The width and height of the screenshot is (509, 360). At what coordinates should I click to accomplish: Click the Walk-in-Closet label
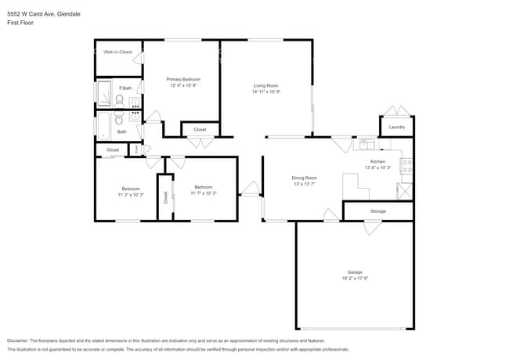pos(118,52)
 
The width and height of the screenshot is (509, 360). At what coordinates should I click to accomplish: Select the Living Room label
pos(265,85)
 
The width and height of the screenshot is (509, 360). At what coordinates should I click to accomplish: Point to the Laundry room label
pos(396,127)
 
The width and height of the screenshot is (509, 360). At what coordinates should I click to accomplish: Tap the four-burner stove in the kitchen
pos(406,165)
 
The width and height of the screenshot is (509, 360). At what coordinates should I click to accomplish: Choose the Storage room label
pos(378,211)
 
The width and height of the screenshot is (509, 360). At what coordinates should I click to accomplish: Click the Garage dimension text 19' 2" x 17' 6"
pos(355,278)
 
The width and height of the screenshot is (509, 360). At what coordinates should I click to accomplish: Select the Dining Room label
pos(304,178)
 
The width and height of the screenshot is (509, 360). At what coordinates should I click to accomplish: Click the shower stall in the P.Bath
pos(104,95)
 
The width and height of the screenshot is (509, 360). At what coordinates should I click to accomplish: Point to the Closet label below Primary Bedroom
pos(200,129)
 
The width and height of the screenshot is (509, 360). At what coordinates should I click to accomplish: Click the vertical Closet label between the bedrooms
pos(165,196)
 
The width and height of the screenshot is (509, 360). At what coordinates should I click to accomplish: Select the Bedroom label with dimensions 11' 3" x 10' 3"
pos(130,187)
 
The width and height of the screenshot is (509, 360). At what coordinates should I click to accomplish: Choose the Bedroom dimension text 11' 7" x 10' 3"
pos(203,193)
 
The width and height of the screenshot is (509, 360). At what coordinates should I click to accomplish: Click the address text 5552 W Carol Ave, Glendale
pos(43,14)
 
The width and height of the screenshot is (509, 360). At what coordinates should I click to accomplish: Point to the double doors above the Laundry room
pos(397,111)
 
